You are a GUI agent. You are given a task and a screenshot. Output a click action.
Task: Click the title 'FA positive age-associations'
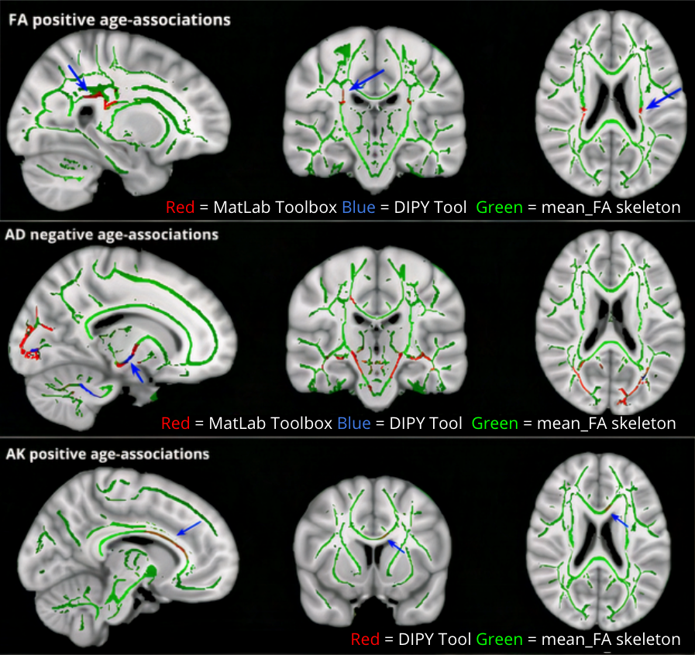[119, 20]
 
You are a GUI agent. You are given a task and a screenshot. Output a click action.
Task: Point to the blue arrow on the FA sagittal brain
[77, 77]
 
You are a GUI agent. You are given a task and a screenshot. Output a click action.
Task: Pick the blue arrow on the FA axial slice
[664, 98]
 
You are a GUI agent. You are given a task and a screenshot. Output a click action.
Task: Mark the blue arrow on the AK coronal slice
[396, 547]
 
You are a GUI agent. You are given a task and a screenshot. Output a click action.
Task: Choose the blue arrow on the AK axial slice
[618, 523]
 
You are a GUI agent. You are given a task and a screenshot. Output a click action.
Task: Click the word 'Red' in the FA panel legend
[177, 207]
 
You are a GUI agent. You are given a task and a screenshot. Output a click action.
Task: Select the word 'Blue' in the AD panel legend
[353, 424]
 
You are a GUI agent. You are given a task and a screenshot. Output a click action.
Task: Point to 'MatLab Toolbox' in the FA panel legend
[239, 207]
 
